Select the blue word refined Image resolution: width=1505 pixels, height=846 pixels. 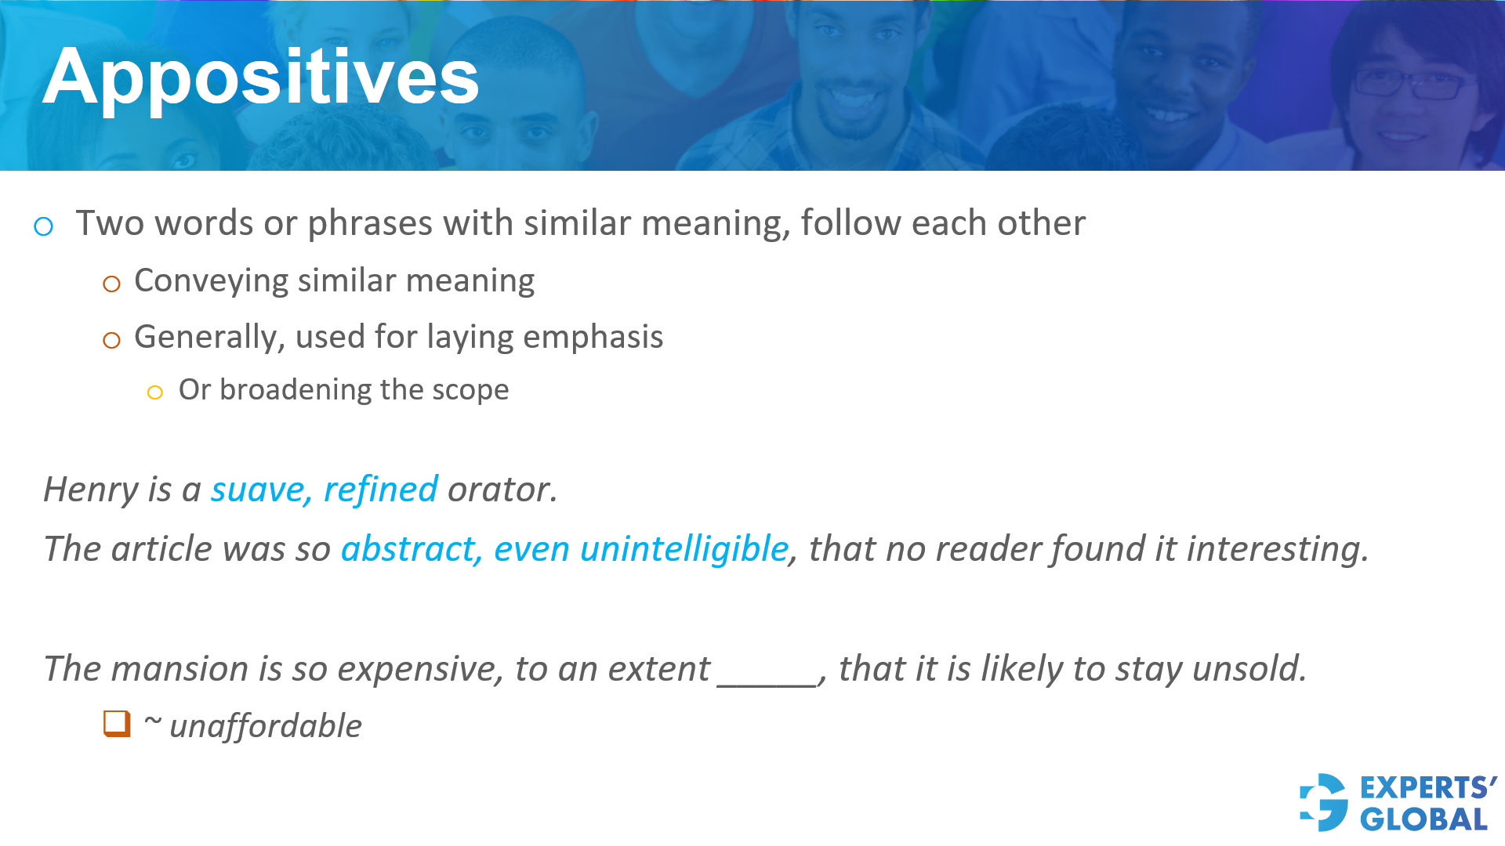click(381, 490)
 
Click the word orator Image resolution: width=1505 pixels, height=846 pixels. click(502, 490)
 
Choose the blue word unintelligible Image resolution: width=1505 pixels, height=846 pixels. click(684, 549)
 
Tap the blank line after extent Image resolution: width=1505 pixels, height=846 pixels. click(767, 685)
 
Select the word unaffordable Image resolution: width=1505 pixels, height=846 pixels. click(266, 726)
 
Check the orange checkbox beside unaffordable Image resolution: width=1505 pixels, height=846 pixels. click(117, 724)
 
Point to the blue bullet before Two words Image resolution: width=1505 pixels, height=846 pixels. click(44, 227)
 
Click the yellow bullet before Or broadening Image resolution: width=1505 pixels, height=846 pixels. click(155, 392)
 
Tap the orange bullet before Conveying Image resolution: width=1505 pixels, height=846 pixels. click(112, 284)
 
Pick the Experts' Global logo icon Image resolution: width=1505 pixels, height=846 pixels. click(1324, 802)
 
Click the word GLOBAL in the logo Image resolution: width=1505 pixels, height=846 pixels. click(1423, 819)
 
